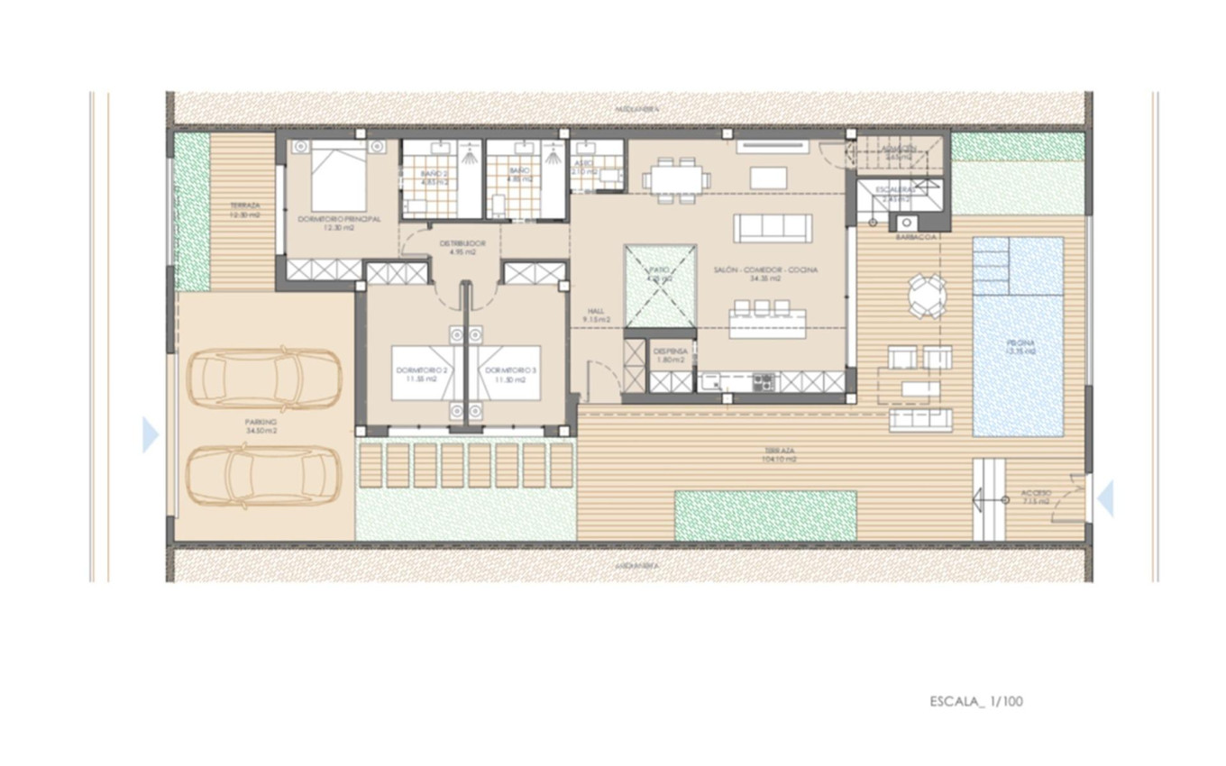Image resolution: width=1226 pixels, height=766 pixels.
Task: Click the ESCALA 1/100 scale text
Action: tap(976, 701)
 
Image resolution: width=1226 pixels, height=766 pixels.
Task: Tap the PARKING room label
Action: tap(261, 422)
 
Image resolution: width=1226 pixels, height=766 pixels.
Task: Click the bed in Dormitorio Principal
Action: tap(339, 177)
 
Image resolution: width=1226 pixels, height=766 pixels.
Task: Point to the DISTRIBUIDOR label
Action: tap(462, 243)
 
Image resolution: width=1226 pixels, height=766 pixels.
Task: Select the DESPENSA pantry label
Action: tap(671, 351)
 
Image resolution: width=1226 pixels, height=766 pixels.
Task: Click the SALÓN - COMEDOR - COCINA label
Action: tap(765, 269)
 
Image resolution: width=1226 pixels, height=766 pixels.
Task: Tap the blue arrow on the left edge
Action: tap(151, 434)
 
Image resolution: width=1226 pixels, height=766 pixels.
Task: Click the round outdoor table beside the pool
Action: tap(927, 296)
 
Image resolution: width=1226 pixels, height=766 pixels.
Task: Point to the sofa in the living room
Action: tap(773, 228)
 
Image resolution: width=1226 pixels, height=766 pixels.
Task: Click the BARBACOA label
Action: tap(918, 236)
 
